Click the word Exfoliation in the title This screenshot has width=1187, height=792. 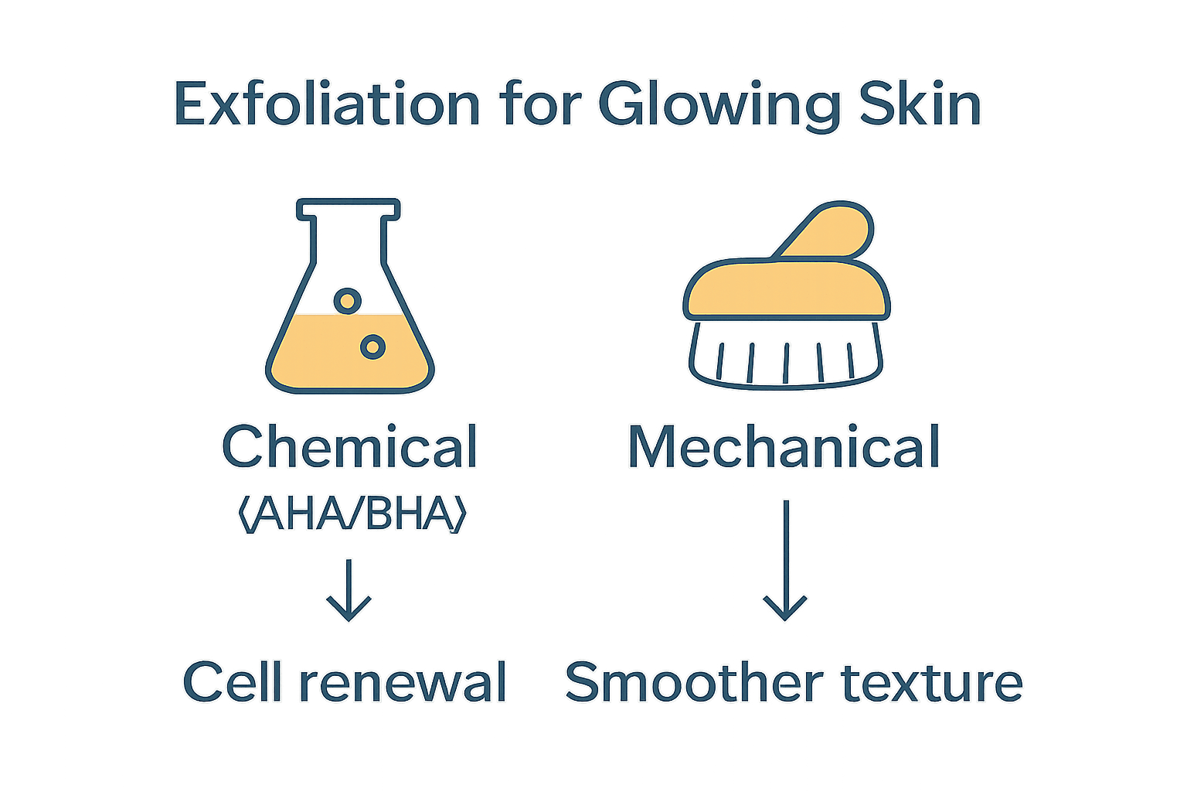tap(327, 104)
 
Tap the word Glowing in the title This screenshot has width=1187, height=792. tap(718, 104)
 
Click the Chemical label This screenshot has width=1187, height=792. tap(349, 447)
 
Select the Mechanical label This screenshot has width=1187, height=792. tap(784, 447)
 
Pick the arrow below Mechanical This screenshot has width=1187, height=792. tap(785, 561)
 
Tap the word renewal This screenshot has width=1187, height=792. tap(403, 682)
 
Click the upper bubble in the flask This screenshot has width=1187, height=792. tap(347, 300)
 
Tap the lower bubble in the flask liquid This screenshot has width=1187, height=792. tap(372, 347)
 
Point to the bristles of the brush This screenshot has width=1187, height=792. tap(785, 360)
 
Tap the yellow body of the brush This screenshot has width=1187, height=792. tap(785, 289)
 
